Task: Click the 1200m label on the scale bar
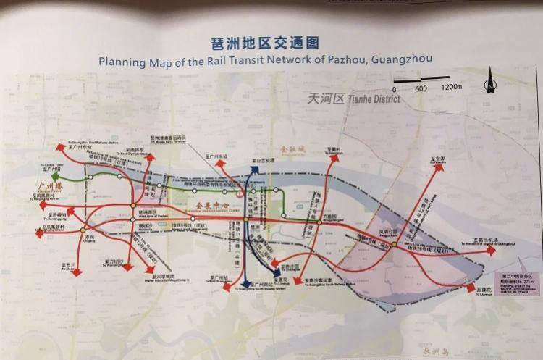[x=451, y=88]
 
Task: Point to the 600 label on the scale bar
[x=421, y=88]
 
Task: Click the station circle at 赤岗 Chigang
[x=90, y=231]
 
